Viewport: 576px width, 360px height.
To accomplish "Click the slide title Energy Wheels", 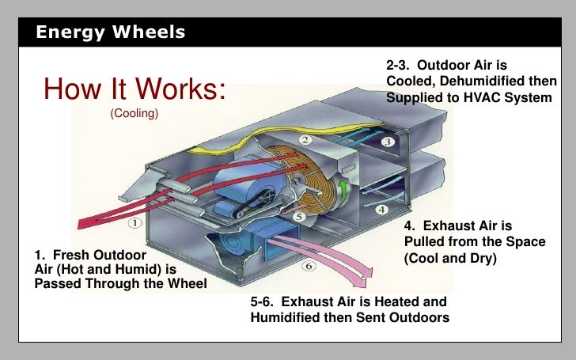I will (x=111, y=32).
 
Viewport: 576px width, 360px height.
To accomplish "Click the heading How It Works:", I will (x=135, y=89).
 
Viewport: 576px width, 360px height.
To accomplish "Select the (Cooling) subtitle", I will (x=135, y=114).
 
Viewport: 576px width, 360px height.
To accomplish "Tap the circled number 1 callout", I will (x=135, y=223).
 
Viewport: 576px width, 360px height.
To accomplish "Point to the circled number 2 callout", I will (x=305, y=140).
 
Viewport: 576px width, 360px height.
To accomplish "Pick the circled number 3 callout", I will (x=388, y=142).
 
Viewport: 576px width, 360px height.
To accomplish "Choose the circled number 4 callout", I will (x=381, y=210).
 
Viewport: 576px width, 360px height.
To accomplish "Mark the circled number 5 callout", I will (x=299, y=216).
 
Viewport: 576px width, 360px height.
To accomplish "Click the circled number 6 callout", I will (x=309, y=266).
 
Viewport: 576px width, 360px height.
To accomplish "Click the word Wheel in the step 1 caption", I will (x=186, y=284).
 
